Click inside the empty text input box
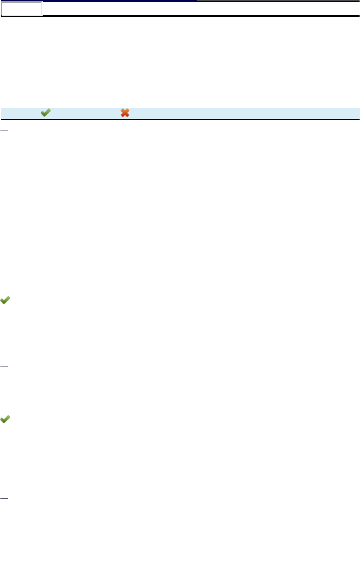[x=22, y=8]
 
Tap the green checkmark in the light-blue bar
[x=46, y=113]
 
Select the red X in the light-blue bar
[x=125, y=113]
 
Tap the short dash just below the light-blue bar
[x=4, y=130]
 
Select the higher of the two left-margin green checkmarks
[x=5, y=300]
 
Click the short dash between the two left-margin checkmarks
[x=4, y=365]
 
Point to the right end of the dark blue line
[x=196, y=0]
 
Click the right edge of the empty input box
[x=42, y=8]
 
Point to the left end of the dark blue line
[x=2, y=0]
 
